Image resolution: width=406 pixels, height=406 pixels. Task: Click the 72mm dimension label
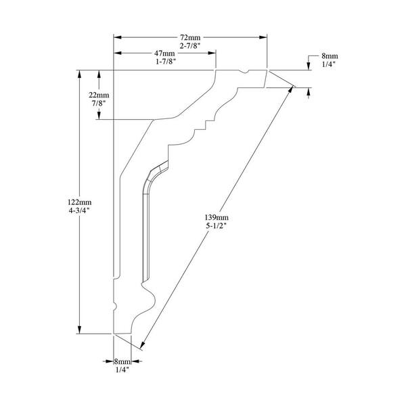pyautogui.click(x=190, y=38)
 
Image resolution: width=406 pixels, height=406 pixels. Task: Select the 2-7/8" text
pyautogui.click(x=190, y=46)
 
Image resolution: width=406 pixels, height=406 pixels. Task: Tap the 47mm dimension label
pyautogui.click(x=164, y=53)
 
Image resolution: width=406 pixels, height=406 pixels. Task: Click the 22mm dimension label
pyautogui.click(x=99, y=95)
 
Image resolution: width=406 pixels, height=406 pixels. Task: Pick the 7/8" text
pyautogui.click(x=99, y=103)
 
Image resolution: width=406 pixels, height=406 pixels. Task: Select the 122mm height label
pyautogui.click(x=79, y=202)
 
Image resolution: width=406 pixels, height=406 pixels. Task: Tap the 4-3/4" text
pyautogui.click(x=79, y=210)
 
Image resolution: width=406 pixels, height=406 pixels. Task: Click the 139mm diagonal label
pyautogui.click(x=217, y=217)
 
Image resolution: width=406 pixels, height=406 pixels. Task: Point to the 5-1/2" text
pyautogui.click(x=217, y=225)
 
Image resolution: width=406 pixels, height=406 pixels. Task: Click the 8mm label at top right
pyautogui.click(x=330, y=56)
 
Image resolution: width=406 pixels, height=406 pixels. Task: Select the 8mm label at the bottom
pyautogui.click(x=122, y=361)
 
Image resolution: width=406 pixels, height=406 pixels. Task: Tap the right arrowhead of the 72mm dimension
pyautogui.click(x=263, y=37)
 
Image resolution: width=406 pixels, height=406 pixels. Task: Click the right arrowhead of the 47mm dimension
pyautogui.click(x=212, y=53)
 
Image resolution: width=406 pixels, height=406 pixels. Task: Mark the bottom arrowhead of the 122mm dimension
pyautogui.click(x=79, y=330)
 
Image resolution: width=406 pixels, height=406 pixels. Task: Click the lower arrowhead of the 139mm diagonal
pyautogui.click(x=142, y=345)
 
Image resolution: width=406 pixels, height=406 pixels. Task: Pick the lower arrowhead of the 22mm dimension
pyautogui.click(x=99, y=116)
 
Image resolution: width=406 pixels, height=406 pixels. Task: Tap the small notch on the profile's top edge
pyautogui.click(x=244, y=72)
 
